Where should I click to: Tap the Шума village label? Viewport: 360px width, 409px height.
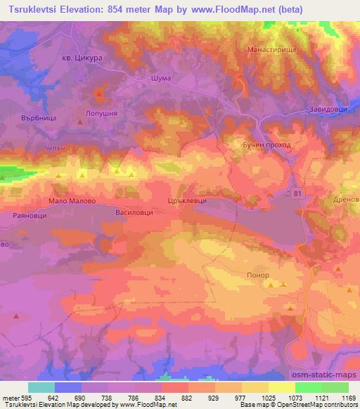160,79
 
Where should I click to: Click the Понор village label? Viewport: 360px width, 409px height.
257,276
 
